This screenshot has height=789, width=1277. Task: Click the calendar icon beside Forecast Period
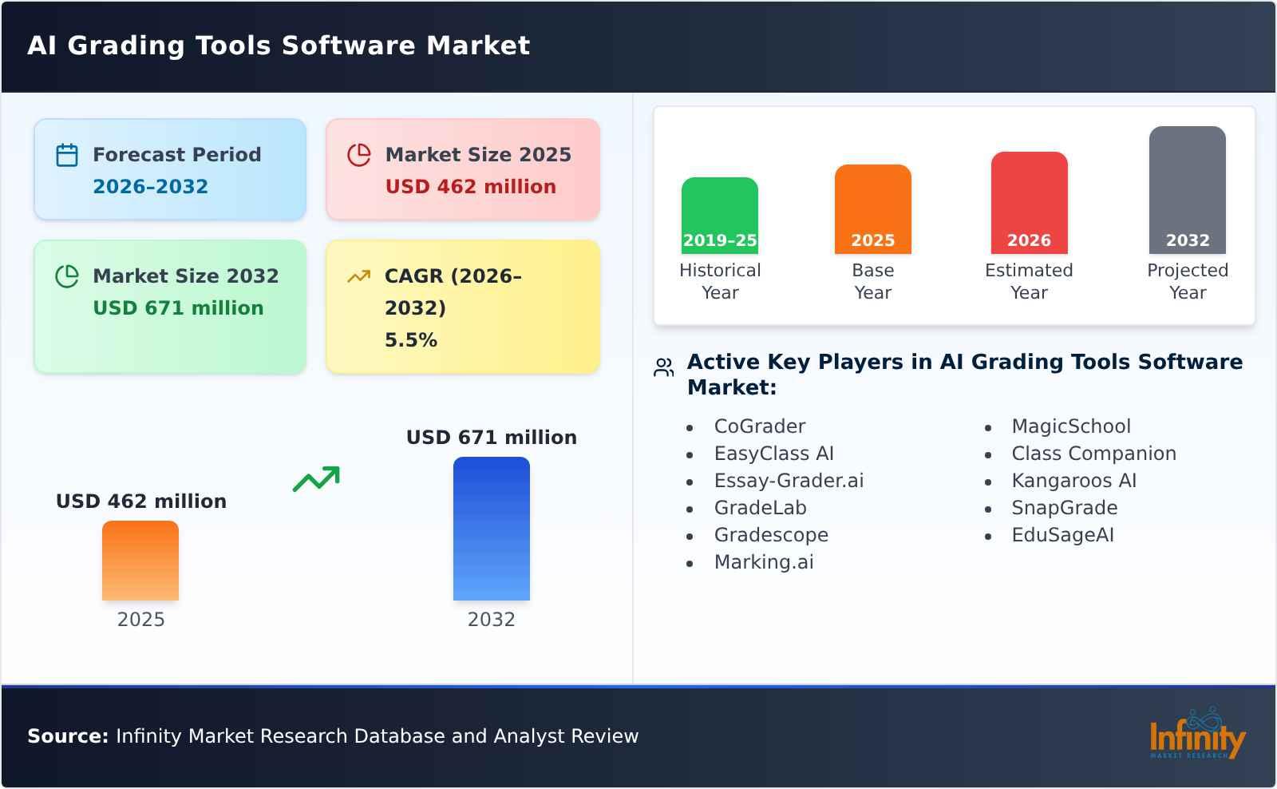click(x=67, y=155)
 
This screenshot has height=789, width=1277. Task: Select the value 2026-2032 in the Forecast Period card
click(x=150, y=187)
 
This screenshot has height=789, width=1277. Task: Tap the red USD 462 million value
click(x=470, y=187)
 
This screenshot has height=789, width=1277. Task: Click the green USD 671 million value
click(x=178, y=308)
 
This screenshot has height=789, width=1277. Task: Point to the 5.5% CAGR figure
click(x=410, y=340)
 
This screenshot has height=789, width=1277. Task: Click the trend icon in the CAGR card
click(x=358, y=276)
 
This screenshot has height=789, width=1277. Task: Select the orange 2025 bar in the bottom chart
click(x=140, y=561)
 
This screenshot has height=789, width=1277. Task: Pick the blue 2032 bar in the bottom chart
click(x=491, y=529)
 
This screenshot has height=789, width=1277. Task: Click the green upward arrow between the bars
click(x=316, y=479)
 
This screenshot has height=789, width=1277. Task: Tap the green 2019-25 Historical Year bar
click(x=719, y=216)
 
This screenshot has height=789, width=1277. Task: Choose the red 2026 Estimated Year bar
click(x=1029, y=203)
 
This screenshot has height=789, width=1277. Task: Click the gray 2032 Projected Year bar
click(x=1187, y=190)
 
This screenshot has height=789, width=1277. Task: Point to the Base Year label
click(x=872, y=281)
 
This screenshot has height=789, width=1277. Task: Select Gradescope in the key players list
click(x=771, y=535)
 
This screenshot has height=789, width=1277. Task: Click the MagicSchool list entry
click(x=1070, y=426)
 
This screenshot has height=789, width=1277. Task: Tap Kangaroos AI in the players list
click(x=1073, y=481)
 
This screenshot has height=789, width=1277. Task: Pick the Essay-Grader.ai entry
click(x=789, y=481)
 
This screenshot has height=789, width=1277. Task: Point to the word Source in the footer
click(x=67, y=736)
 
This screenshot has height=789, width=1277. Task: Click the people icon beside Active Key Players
click(x=663, y=367)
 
